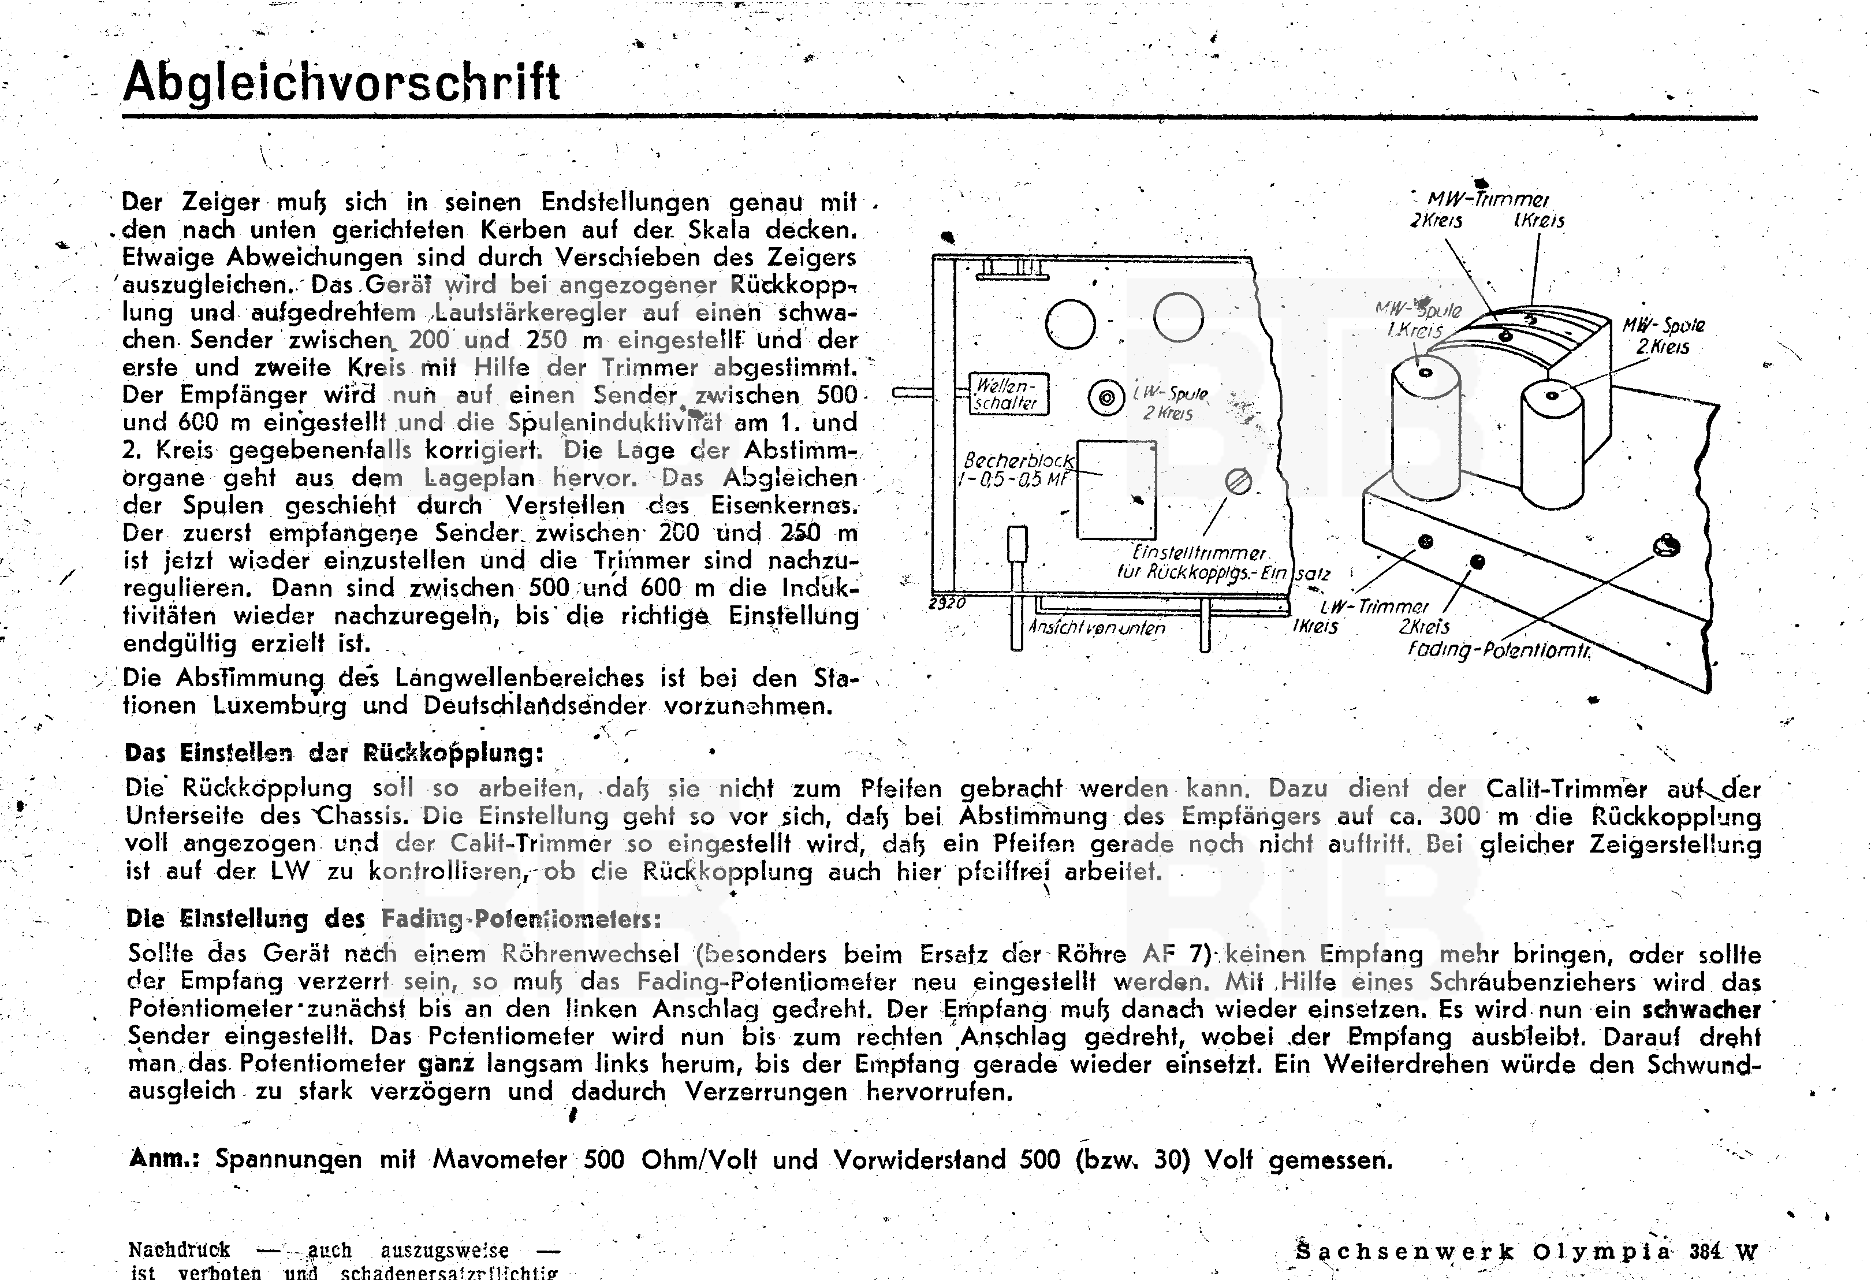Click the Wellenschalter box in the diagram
(x=1007, y=395)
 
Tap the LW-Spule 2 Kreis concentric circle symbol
(x=1106, y=397)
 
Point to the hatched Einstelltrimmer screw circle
(x=1238, y=481)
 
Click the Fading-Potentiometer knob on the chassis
(x=1665, y=546)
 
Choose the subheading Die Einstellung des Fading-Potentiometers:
(x=394, y=918)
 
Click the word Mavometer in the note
(x=500, y=1159)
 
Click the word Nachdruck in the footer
(x=179, y=1250)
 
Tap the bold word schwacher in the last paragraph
(x=1701, y=1010)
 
